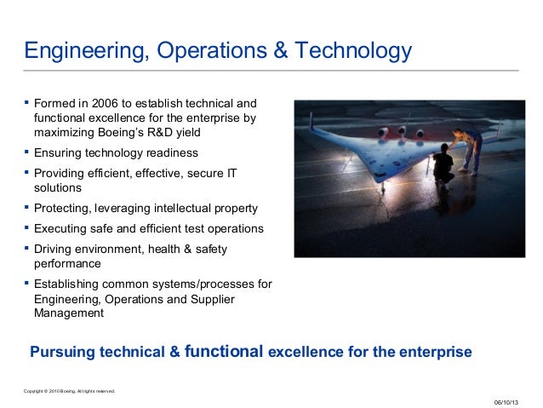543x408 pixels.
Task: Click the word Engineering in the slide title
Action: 77,52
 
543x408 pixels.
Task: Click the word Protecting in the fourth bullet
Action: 63,209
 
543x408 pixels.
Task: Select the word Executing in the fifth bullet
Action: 61,229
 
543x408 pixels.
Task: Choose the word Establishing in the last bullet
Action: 68,284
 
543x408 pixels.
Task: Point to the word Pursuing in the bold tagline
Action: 61,352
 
